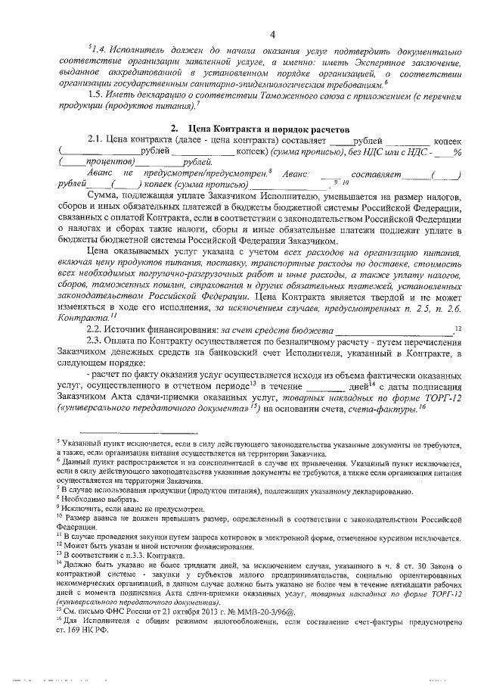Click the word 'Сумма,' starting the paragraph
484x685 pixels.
[x=104, y=195]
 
